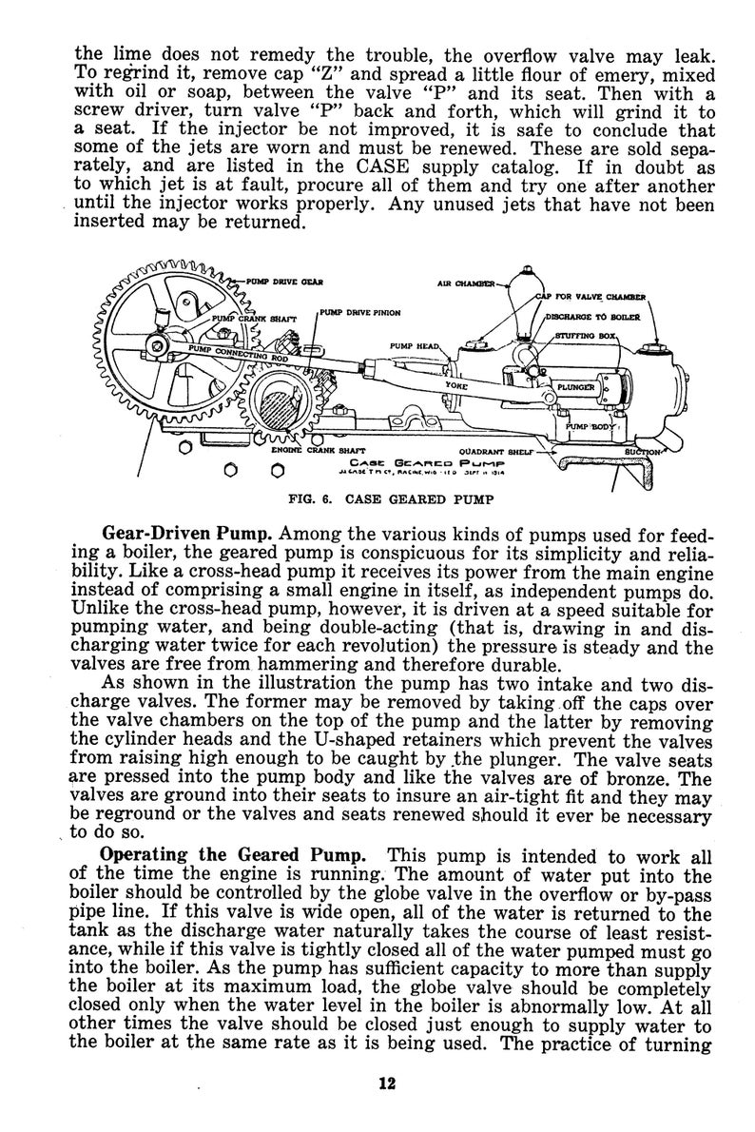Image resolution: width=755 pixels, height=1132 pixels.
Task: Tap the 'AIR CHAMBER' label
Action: point(465,283)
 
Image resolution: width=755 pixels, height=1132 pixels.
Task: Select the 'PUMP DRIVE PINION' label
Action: point(360,312)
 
